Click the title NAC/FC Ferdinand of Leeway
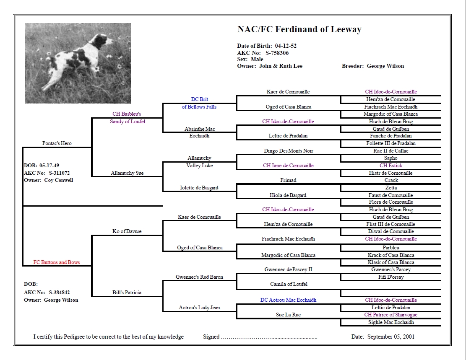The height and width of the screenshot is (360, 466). [x=299, y=29]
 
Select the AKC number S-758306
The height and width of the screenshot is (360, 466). [x=277, y=53]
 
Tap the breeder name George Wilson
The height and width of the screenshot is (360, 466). [x=385, y=66]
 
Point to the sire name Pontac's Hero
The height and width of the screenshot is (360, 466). [x=57, y=143]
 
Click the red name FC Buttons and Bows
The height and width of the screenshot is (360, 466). [x=57, y=262]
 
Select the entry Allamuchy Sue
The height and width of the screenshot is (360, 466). [x=127, y=173]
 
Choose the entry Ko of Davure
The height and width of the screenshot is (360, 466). [x=127, y=231]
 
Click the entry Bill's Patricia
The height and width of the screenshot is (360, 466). [x=127, y=292]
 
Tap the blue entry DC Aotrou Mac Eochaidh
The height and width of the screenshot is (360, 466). [x=288, y=300]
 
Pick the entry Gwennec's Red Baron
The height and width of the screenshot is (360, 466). [x=199, y=277]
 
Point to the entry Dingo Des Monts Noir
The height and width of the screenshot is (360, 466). [x=289, y=150]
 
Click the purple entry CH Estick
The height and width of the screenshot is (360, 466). [x=391, y=166]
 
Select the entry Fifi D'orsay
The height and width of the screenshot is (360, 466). [x=391, y=277]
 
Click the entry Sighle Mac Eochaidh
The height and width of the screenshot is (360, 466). [x=391, y=322]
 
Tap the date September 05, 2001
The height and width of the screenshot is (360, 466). [x=391, y=337]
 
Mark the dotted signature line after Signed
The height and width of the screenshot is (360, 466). [x=269, y=338]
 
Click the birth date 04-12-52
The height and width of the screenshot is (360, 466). [x=286, y=46]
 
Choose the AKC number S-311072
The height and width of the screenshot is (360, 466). [x=59, y=173]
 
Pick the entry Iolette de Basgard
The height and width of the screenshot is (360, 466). [x=199, y=188]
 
